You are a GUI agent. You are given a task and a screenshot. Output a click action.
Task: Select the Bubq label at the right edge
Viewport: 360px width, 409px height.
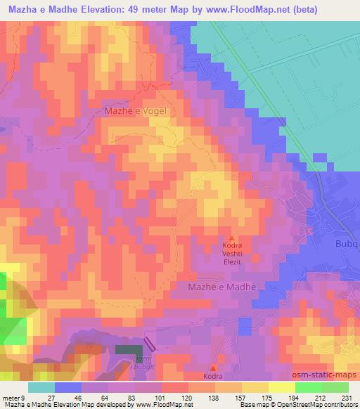(x=347, y=245)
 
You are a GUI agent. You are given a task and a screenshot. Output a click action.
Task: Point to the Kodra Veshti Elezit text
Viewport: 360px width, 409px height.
(x=233, y=257)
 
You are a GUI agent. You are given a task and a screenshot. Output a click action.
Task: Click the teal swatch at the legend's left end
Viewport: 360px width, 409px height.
(x=41, y=387)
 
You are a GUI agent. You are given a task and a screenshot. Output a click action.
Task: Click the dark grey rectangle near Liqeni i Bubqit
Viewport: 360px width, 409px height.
(x=128, y=349)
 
